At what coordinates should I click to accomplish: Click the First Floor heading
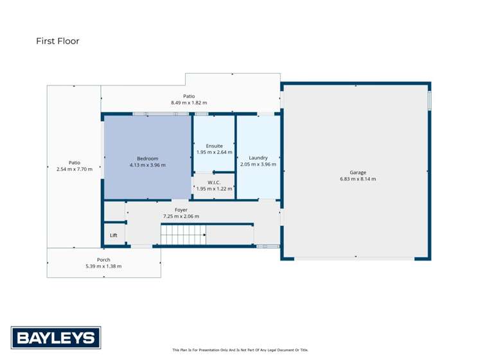point(58,41)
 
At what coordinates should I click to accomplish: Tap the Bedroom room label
point(147,159)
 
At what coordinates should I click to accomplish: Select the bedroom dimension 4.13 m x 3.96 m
point(147,165)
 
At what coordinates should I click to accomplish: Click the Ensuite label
point(214,146)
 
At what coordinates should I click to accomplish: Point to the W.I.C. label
point(214,182)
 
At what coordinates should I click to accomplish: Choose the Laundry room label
point(258,157)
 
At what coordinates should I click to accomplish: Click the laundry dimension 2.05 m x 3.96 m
point(258,164)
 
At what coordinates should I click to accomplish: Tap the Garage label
point(358,172)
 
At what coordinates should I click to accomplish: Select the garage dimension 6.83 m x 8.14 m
point(358,179)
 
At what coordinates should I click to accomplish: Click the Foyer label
point(180,210)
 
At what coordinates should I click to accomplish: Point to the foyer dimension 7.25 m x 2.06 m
point(180,216)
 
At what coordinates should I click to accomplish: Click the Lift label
point(114,236)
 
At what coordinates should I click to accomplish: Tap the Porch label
point(103,260)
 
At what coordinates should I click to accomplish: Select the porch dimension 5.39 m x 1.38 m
point(103,266)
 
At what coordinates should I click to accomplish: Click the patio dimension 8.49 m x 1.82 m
point(189,103)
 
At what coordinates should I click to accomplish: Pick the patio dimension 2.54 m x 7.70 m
point(74,169)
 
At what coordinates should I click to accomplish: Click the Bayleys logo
point(55,338)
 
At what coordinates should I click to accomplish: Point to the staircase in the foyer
point(183,236)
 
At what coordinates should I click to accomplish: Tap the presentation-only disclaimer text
point(240,350)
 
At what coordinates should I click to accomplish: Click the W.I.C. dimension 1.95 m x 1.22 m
point(214,189)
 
